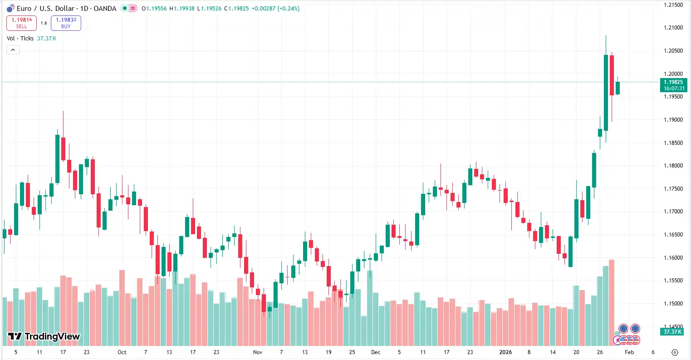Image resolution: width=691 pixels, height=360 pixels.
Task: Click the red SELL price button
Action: (21, 23)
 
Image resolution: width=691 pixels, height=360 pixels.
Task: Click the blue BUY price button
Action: (66, 23)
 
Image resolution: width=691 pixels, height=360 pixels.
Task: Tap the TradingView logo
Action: (44, 336)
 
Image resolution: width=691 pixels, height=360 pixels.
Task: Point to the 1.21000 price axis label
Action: (673, 28)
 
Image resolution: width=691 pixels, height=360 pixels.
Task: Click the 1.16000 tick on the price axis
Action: (673, 258)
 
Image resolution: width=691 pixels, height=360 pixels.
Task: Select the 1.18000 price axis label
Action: (673, 166)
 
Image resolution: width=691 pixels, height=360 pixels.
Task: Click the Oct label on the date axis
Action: (122, 352)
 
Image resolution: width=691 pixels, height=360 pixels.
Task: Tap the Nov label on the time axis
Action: (258, 352)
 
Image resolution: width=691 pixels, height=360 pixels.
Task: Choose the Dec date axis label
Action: (375, 352)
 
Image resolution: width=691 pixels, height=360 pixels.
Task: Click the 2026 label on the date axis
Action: (505, 352)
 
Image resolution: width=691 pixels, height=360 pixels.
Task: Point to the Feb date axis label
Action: (629, 352)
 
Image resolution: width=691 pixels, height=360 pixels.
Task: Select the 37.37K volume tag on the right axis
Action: (672, 332)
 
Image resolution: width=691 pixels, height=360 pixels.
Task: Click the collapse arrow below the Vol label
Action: (13, 50)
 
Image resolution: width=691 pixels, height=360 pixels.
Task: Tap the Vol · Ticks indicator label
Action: (20, 39)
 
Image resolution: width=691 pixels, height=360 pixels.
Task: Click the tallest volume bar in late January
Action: (612, 302)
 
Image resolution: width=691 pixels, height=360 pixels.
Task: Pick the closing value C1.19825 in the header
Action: (236, 9)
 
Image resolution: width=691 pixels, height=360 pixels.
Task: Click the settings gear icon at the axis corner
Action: (675, 352)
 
